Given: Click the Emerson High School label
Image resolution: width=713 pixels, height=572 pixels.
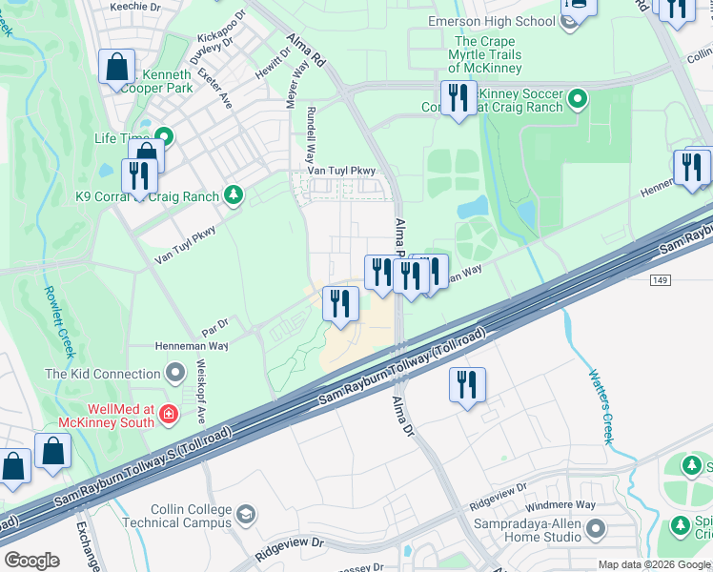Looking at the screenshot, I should [492, 21].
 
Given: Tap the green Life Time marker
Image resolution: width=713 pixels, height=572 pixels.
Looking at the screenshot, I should [164, 137].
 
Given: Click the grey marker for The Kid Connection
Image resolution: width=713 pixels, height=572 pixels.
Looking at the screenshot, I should [174, 373].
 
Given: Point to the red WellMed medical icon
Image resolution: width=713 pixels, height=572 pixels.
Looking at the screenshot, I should [168, 414].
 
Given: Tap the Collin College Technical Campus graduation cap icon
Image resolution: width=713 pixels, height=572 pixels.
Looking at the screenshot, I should [246, 515].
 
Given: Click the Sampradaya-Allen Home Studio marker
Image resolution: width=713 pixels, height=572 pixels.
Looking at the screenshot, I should [596, 527].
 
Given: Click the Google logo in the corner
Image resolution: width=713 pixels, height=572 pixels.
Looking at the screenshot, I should [31, 560].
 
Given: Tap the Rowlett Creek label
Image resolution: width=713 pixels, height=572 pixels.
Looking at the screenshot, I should [58, 322].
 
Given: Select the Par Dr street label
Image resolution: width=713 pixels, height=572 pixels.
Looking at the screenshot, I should [216, 323].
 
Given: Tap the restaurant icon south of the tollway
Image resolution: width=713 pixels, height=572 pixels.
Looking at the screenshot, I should [467, 384].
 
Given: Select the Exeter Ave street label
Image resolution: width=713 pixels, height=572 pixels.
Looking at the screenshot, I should [214, 88].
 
